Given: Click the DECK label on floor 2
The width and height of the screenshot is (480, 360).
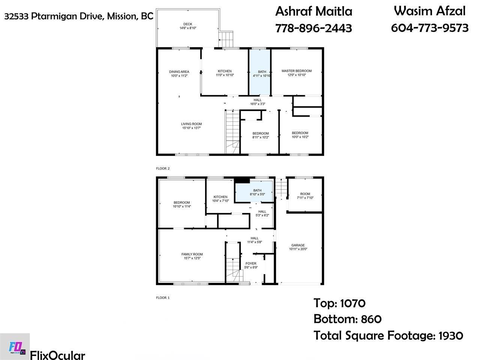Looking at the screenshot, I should tap(187, 24).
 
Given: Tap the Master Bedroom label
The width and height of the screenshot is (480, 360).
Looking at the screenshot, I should tap(296, 71).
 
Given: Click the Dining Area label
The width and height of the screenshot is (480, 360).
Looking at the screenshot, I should tap(179, 72).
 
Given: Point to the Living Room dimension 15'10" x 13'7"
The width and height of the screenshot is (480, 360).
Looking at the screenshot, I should tap(192, 128).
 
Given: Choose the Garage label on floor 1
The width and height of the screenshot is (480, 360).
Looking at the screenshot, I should tap(298, 245).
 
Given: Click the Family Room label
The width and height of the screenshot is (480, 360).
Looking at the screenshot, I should tap(192, 254).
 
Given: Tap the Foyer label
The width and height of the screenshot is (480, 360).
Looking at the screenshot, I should tap(250, 263).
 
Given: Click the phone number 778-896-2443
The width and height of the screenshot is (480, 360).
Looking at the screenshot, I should tap(313, 28).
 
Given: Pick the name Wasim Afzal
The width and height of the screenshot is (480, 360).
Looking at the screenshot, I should tap(429, 11).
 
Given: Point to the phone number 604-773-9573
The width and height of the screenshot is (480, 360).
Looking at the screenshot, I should tap(430, 28).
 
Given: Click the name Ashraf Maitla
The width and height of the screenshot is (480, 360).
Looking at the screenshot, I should tap(313, 11).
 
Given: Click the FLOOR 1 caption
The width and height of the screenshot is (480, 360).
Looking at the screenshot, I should tap(163, 298).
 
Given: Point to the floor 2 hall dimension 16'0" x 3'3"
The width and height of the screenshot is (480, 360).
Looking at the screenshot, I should tap(257, 104).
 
